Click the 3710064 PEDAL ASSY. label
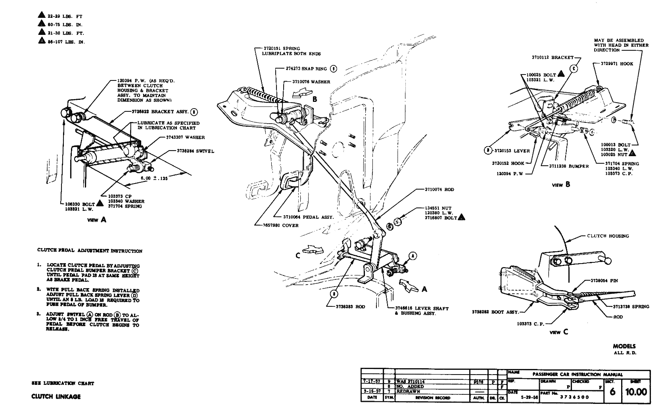coord(308,217)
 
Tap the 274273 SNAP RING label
coord(307,69)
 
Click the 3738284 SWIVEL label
coord(196,151)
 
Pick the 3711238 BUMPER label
coord(569,166)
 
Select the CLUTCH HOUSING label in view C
coord(608,236)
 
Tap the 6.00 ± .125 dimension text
coord(154,178)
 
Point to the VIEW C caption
coord(558,332)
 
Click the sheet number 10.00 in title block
coord(636,392)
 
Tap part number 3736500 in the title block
coord(574,397)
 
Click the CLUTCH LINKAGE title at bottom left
coord(56,397)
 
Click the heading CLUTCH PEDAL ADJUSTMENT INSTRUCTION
coord(90,251)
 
